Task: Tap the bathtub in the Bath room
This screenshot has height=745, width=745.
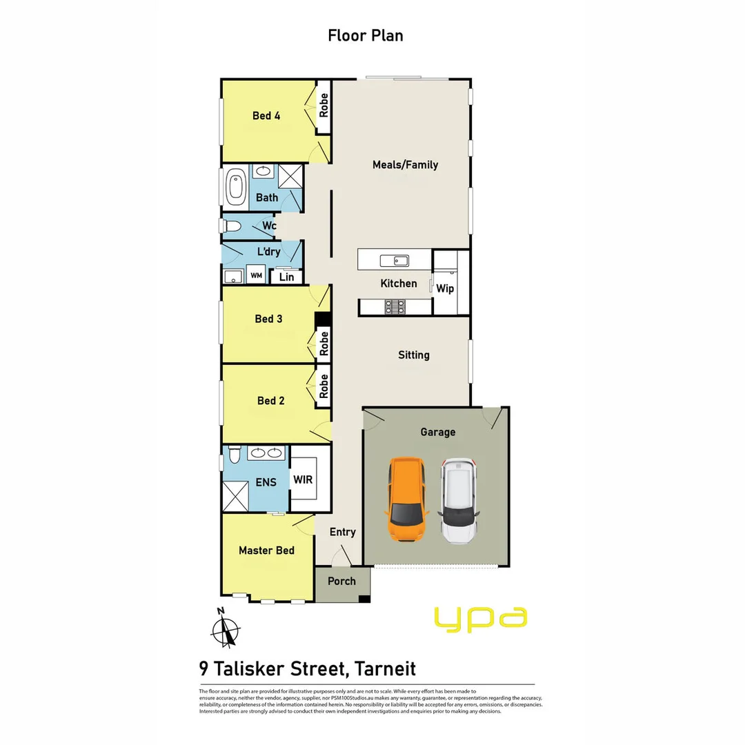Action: (235, 186)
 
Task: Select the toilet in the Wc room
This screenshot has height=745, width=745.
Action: (232, 226)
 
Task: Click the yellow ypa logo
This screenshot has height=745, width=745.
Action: (481, 618)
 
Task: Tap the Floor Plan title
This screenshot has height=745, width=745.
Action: (366, 35)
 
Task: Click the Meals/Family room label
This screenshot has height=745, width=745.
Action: (405, 165)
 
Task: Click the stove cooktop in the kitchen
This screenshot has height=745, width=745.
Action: (394, 306)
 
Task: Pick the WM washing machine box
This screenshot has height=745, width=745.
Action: (256, 276)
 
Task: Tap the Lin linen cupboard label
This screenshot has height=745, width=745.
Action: (286, 277)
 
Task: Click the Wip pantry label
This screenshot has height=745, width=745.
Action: (445, 288)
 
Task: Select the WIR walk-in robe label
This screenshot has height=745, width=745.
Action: (303, 479)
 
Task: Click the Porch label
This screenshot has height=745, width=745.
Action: (341, 582)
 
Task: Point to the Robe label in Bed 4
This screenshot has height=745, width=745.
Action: (324, 104)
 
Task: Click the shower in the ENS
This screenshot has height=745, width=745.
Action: (235, 497)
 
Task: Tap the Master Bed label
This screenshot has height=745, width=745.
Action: (266, 550)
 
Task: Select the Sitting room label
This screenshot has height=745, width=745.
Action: (413, 355)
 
